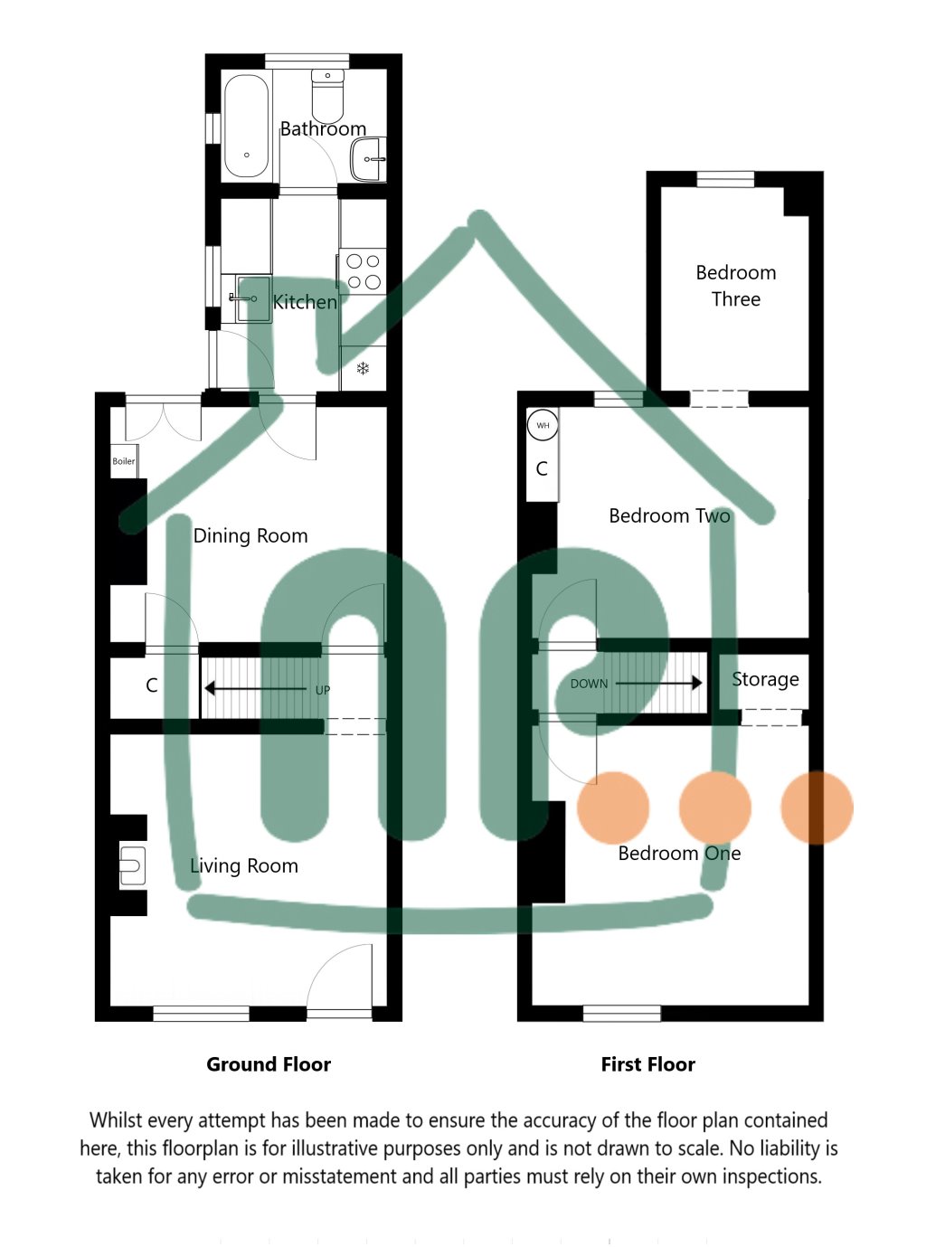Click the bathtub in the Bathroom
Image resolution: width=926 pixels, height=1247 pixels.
tap(246, 126)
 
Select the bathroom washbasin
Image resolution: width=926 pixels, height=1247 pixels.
tap(369, 159)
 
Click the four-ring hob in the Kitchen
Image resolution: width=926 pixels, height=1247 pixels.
tap(364, 271)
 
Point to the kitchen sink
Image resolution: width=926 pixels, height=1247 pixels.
tap(252, 298)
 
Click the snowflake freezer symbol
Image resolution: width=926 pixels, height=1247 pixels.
tap(363, 368)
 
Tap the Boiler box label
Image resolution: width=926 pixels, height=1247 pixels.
tap(124, 461)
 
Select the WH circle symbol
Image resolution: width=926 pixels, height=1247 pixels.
tap(543, 425)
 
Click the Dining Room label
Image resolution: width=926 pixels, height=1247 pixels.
tap(250, 536)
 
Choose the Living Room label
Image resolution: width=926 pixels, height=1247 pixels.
tap(244, 866)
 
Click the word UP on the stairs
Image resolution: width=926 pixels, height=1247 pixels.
tap(323, 690)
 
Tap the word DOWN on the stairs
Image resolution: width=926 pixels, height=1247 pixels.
tap(589, 684)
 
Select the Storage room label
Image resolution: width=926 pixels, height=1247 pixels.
tap(765, 679)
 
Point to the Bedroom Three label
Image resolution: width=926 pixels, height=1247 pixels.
tap(736, 286)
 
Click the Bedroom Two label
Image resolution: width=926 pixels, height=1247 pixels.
tap(669, 516)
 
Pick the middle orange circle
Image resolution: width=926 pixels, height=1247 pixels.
tap(715, 808)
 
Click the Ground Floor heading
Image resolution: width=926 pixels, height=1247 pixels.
tap(269, 1064)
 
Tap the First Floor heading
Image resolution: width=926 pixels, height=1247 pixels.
tap(647, 1064)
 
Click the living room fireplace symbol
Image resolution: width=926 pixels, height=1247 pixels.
tap(132, 865)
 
